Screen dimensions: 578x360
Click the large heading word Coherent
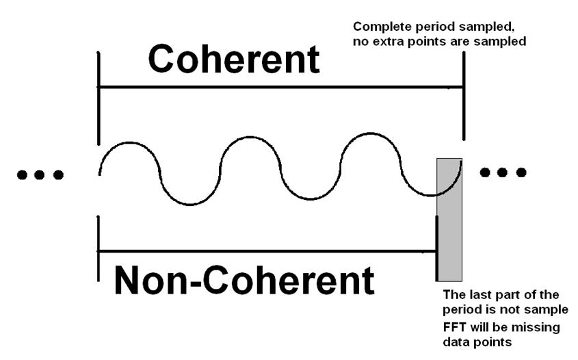[234, 60]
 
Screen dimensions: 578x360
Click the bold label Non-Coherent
[244, 281]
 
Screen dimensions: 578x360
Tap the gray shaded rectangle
[449, 220]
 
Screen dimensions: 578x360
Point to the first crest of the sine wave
[129, 143]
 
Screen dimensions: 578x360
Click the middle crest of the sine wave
[250, 138]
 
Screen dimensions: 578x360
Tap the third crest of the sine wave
[371, 134]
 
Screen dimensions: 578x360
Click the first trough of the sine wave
[189, 204]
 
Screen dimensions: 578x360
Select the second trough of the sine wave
[311, 198]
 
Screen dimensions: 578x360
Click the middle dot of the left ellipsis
[40, 175]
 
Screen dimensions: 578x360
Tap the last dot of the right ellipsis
[521, 172]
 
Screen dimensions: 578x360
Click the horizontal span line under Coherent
[280, 88]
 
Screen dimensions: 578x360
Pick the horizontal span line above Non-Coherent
[267, 252]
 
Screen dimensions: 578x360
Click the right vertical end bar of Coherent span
[464, 96]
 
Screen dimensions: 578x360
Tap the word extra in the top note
[390, 42]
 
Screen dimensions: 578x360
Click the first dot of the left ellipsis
[22, 175]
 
